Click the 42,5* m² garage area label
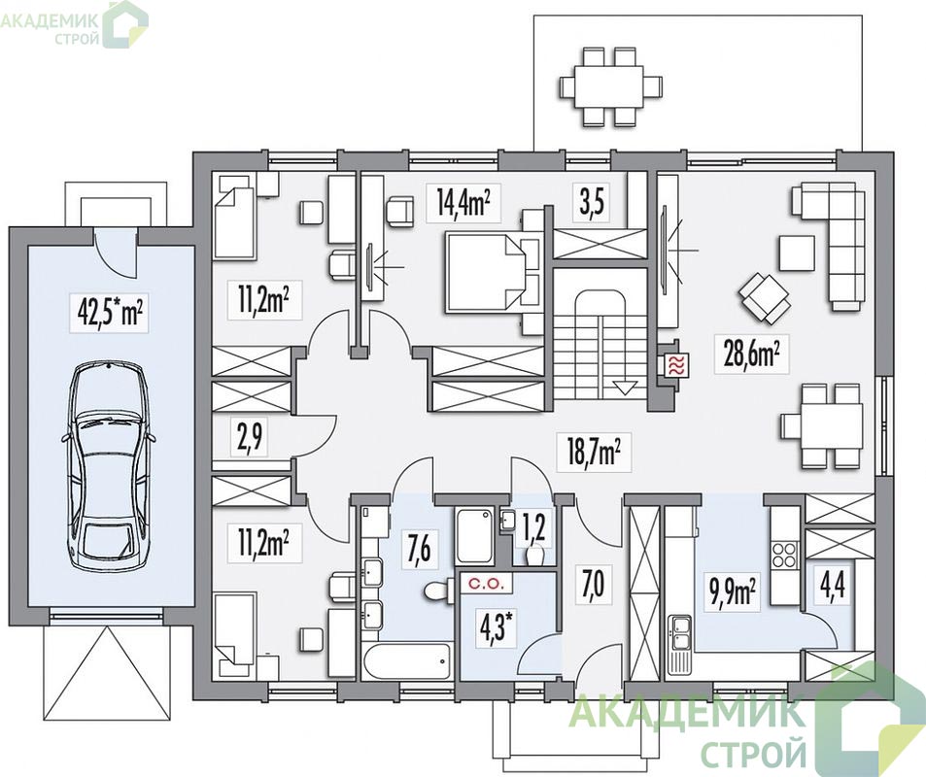click(111, 310)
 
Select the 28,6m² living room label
click(751, 355)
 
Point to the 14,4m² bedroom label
click(464, 203)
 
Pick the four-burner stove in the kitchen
click(784, 554)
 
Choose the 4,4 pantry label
click(833, 589)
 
